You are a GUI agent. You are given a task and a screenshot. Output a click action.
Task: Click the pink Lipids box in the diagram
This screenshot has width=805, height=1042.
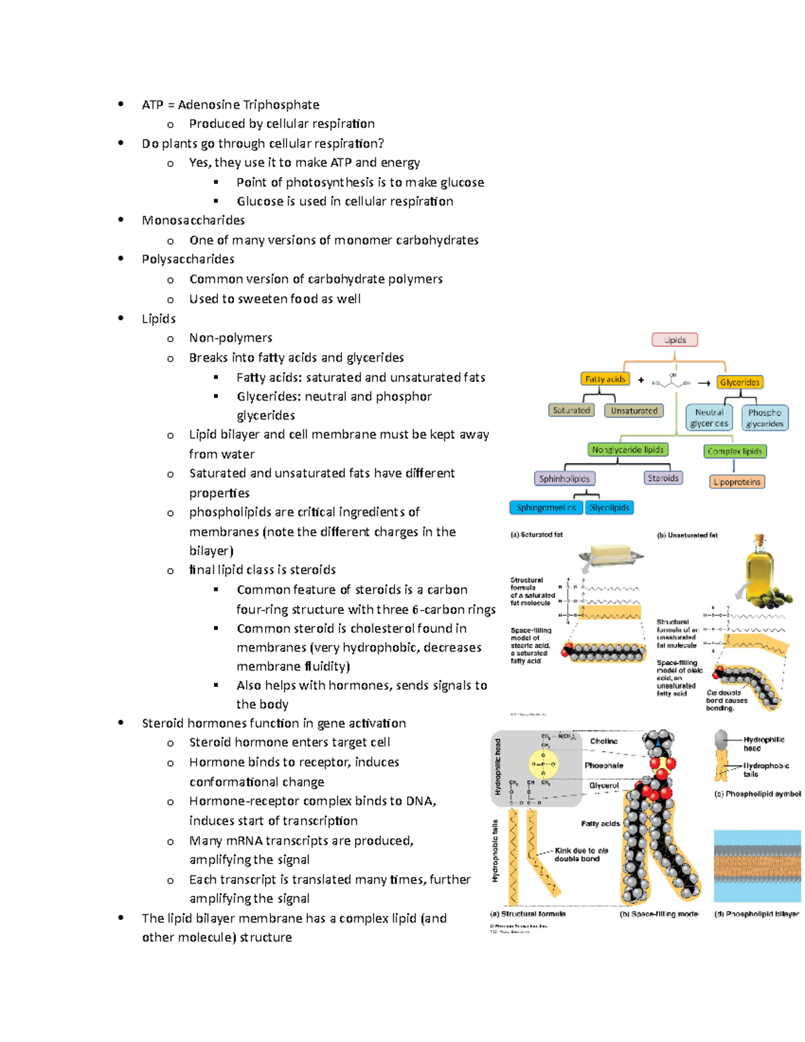coord(674,340)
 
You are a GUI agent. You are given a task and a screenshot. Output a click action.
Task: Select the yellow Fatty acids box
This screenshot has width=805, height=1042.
coord(605,379)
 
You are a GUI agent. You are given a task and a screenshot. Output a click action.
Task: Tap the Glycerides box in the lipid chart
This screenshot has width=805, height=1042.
coord(739,382)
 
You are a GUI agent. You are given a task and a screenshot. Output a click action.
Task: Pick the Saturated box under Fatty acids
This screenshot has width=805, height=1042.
coord(571,411)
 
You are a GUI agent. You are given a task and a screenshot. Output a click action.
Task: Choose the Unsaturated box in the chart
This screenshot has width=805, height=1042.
coord(634,411)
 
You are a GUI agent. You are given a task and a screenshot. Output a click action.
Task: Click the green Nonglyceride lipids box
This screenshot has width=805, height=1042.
coord(628,450)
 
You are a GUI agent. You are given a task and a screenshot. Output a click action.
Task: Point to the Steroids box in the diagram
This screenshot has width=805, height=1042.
coord(663,478)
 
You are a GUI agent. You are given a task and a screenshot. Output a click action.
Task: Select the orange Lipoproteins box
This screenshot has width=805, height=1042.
coord(737,482)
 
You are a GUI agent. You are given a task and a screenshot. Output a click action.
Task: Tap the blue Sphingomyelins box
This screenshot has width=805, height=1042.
coord(546,508)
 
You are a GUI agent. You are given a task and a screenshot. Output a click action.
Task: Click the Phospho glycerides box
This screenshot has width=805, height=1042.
coord(764,418)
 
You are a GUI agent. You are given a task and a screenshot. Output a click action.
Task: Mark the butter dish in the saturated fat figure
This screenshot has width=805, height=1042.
coord(610,556)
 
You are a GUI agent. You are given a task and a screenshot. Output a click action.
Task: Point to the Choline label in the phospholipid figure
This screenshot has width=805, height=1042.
coord(604,741)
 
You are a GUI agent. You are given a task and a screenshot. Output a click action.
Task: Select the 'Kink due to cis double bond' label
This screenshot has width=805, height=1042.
coord(581,854)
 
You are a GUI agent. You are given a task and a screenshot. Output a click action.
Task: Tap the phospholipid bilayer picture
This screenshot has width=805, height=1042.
coord(757,866)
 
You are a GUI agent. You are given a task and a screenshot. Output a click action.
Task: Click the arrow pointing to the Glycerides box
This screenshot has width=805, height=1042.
coord(704,383)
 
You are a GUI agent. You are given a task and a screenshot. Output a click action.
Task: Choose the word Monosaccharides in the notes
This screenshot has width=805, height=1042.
coord(193,221)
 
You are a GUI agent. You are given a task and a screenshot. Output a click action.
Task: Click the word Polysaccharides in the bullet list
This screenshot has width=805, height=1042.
coord(188,259)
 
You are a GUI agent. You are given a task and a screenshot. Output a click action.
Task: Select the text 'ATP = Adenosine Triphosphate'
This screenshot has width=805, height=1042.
coord(230,105)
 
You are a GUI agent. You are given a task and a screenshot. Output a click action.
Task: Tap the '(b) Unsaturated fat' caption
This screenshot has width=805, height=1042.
coord(687,535)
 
